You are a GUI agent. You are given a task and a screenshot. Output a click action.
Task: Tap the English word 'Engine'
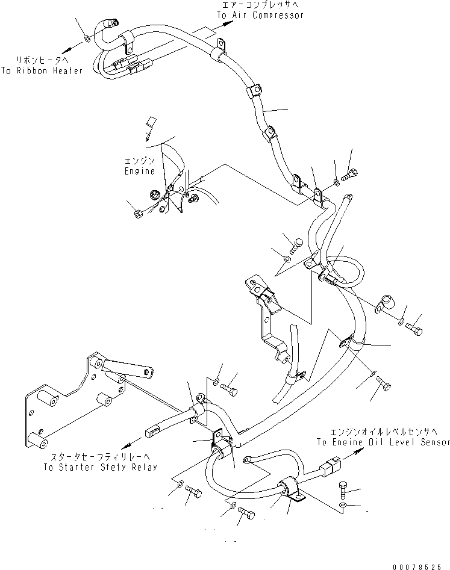click(x=140, y=171)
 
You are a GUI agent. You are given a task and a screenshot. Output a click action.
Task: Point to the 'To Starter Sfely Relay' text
click(x=100, y=466)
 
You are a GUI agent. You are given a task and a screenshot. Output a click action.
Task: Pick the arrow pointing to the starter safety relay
click(x=128, y=444)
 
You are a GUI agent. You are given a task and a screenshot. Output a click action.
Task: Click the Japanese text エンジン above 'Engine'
click(x=139, y=161)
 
